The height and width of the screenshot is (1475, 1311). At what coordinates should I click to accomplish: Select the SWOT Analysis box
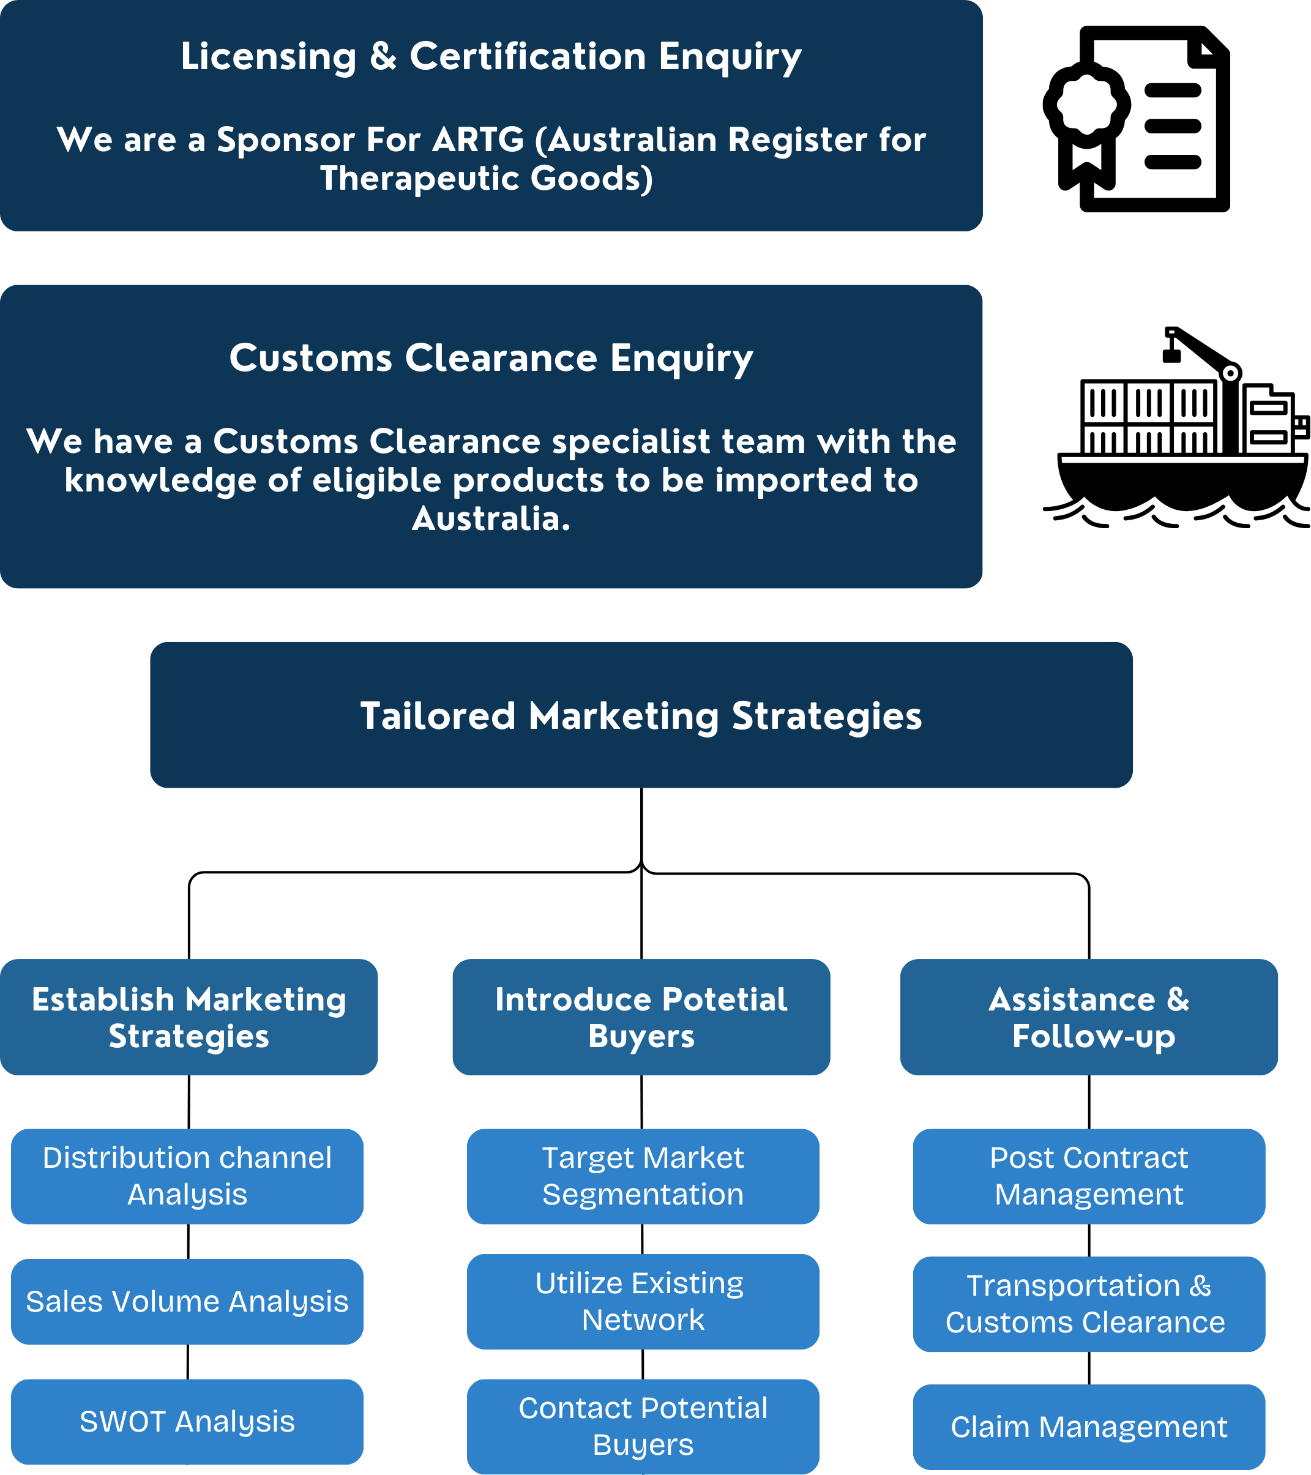pos(187,1422)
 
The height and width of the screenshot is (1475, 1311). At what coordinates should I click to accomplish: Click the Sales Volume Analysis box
pos(187,1301)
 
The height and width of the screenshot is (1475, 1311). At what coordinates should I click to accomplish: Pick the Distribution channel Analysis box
pos(187,1176)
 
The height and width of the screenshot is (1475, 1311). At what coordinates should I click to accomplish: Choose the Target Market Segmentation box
pos(642,1176)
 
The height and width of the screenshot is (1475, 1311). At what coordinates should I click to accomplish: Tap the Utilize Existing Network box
pos(642,1301)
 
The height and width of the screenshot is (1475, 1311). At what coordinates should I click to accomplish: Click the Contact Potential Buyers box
pos(642,1426)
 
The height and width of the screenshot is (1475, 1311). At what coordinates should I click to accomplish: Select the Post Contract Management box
pos(1088,1176)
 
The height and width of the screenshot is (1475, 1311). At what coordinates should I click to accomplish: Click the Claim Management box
pos(1088,1427)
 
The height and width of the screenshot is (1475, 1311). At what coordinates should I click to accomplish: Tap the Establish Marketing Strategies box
pos(189,1017)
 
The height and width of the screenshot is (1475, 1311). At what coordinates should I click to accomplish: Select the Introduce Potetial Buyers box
pos(641,1017)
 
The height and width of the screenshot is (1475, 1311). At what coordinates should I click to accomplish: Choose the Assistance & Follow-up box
pos(1088,1017)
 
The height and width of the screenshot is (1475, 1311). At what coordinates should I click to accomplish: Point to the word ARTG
pos(477,140)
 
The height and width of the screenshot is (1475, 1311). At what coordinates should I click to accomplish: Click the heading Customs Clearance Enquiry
pos(491,357)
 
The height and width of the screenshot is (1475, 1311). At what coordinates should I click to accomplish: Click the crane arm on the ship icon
pos(1201,351)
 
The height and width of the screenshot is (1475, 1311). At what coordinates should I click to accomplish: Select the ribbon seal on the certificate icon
pos(1086,116)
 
